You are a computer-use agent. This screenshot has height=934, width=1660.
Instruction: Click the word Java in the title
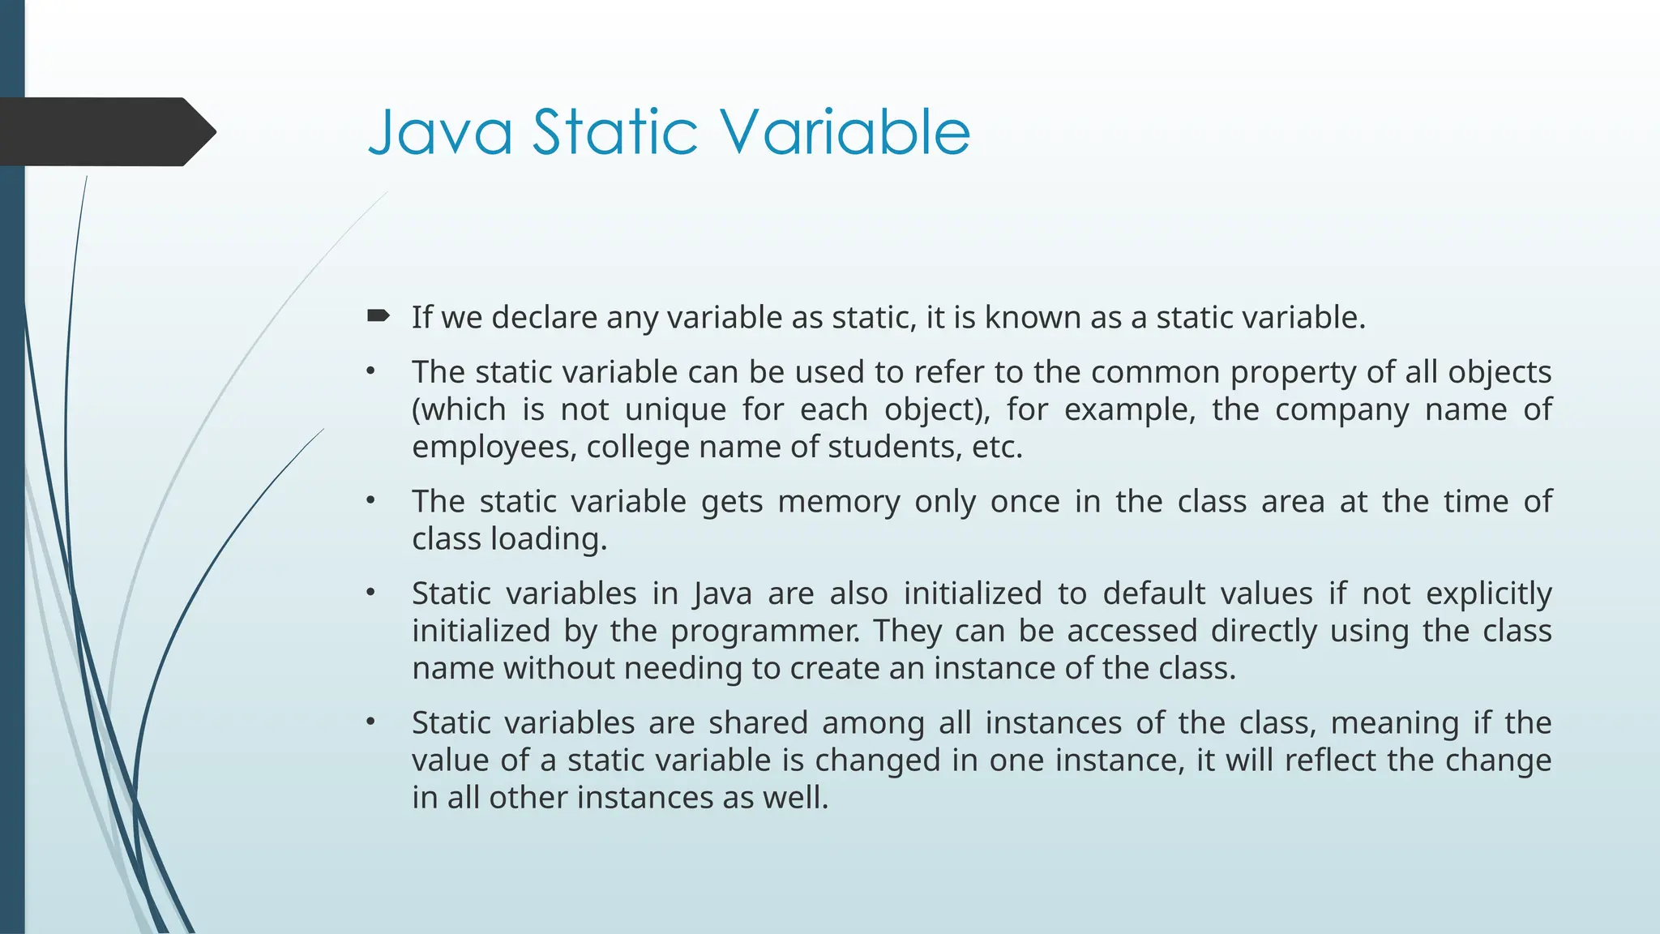pos(440,132)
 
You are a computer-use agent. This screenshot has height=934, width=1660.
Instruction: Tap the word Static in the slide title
pos(614,132)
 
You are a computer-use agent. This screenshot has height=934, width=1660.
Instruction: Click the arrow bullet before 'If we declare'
pos(379,315)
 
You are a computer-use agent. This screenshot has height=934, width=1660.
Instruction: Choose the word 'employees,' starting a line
pos(494,448)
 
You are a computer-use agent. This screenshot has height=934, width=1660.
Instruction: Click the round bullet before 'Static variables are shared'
pos(370,722)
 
